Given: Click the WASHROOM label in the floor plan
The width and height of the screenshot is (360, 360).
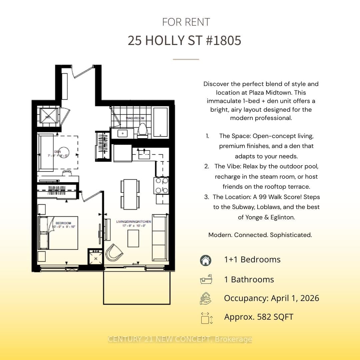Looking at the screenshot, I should (x=135, y=118).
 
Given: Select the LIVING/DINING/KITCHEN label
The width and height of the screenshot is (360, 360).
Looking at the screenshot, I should (x=134, y=222).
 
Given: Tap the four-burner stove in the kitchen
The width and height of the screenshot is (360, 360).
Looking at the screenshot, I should (x=162, y=185).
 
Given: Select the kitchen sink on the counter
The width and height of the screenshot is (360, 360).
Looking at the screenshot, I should (x=144, y=154).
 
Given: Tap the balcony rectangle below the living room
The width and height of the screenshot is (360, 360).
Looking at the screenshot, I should (x=137, y=287).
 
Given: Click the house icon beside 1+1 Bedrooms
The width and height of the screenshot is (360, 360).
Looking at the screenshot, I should (x=206, y=260).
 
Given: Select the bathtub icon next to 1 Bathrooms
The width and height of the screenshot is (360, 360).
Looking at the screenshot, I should (x=206, y=279).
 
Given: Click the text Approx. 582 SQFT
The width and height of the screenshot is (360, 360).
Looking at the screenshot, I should (x=259, y=317).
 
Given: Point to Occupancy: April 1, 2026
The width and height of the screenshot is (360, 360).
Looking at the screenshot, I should (x=271, y=298).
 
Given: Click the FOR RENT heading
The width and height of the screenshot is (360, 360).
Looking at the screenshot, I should (x=186, y=22).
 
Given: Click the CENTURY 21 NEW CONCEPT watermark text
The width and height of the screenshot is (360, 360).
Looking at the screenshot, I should (x=179, y=339).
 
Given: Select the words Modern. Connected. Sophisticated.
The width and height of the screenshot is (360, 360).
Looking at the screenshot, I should (x=260, y=235).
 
